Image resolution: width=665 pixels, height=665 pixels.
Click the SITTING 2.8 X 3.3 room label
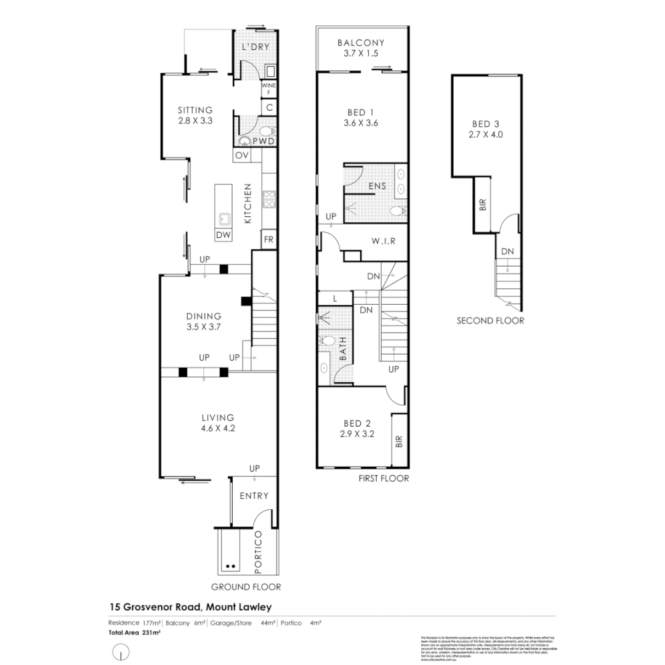(x=195, y=116)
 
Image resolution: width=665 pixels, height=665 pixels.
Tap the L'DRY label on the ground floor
(x=256, y=47)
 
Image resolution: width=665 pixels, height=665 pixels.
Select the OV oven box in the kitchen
(x=241, y=155)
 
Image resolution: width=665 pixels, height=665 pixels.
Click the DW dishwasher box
(x=222, y=235)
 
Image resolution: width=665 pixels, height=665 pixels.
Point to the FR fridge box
(x=268, y=240)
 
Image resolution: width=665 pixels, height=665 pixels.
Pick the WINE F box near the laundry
(x=269, y=89)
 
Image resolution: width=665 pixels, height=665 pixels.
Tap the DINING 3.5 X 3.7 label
(x=204, y=321)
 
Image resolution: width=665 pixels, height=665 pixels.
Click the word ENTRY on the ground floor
(x=254, y=496)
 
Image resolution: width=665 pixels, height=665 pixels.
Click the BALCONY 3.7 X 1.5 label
(x=361, y=48)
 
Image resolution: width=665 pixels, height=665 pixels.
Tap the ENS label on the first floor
(x=377, y=185)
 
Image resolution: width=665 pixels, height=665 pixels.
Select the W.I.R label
(x=382, y=241)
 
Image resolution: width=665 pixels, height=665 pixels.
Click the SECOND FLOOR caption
(x=490, y=320)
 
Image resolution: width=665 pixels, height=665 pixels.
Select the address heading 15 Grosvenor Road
(x=190, y=607)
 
